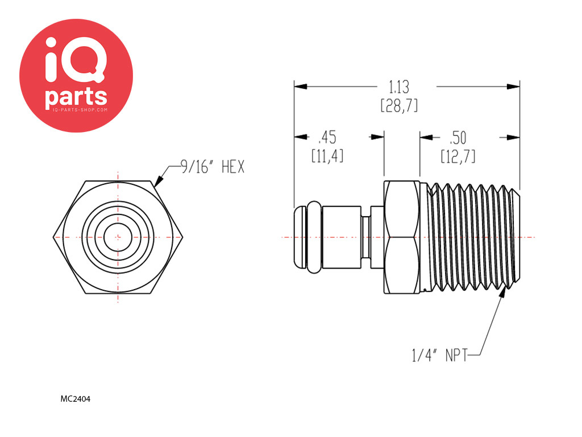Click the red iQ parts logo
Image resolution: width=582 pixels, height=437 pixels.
tap(76, 76)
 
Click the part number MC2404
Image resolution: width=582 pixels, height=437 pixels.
tap(76, 399)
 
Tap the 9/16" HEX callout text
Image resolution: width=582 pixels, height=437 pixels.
tap(212, 167)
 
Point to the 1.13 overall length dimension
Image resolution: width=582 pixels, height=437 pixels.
tap(399, 87)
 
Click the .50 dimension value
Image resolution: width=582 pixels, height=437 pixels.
tap(458, 138)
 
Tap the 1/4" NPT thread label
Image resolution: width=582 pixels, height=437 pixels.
tap(439, 356)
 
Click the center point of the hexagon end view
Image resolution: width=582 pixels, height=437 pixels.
tap(118, 237)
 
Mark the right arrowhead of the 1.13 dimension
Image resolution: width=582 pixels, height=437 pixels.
tap(514, 86)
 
